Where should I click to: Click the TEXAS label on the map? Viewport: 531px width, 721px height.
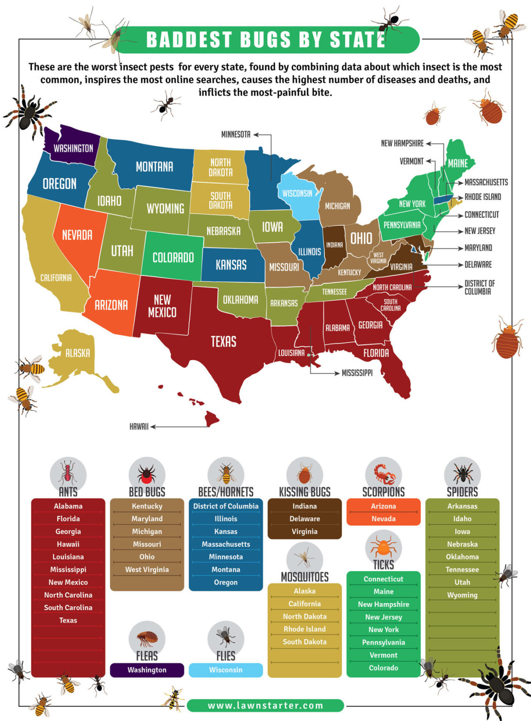point(223,341)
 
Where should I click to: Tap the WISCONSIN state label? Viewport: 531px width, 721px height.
point(297,193)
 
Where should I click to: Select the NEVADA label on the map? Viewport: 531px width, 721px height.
point(77,235)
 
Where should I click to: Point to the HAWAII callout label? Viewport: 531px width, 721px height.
point(139,427)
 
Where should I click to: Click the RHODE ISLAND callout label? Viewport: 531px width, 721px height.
point(483,197)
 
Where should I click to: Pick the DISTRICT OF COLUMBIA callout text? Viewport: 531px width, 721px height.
point(479,287)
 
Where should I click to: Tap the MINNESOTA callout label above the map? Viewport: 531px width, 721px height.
point(236,135)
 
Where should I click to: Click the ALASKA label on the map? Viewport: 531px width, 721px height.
point(77,353)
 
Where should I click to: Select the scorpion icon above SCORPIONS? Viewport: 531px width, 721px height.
point(384,475)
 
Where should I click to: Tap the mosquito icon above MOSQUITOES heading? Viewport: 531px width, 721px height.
point(304,558)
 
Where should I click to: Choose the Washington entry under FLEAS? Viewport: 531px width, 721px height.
point(147,670)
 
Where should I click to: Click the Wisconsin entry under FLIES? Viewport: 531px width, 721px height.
point(226,670)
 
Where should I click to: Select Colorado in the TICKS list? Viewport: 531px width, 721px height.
point(383,667)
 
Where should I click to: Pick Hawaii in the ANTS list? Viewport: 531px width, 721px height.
point(68,544)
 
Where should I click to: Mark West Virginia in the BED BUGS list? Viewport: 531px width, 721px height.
point(147,569)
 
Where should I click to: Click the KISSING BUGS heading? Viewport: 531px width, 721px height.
point(305,492)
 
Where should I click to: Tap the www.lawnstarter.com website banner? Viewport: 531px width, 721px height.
point(265,706)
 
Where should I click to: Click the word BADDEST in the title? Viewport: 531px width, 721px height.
point(189,40)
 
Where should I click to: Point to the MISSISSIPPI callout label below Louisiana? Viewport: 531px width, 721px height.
point(357,373)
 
